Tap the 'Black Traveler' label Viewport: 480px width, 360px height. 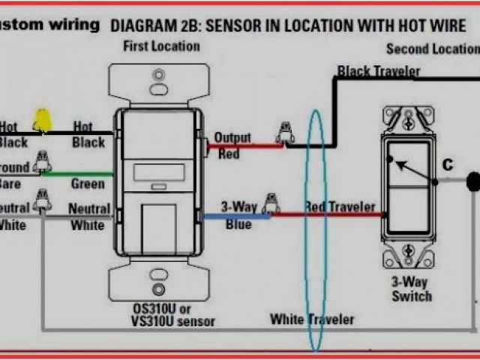pyautogui.click(x=378, y=72)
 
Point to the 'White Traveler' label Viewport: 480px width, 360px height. pyautogui.click(x=312, y=319)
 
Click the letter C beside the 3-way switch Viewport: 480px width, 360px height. pyautogui.click(x=448, y=165)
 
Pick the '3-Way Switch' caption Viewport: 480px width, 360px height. pyautogui.click(x=411, y=289)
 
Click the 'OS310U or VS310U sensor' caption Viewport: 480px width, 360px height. pyautogui.click(x=161, y=315)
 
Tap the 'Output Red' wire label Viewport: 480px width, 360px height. pyautogui.click(x=232, y=145)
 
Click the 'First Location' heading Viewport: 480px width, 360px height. pyautogui.click(x=162, y=46)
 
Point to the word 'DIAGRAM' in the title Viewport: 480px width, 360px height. pyautogui.click(x=139, y=25)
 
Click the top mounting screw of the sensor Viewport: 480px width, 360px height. pyautogui.click(x=158, y=76)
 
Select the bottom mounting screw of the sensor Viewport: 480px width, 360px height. pyautogui.click(x=158, y=289)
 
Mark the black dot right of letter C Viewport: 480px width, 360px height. pyautogui.click(x=473, y=181)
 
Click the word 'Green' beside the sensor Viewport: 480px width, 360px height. pyautogui.click(x=88, y=184)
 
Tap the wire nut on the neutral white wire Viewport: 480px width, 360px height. pyautogui.click(x=43, y=199)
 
